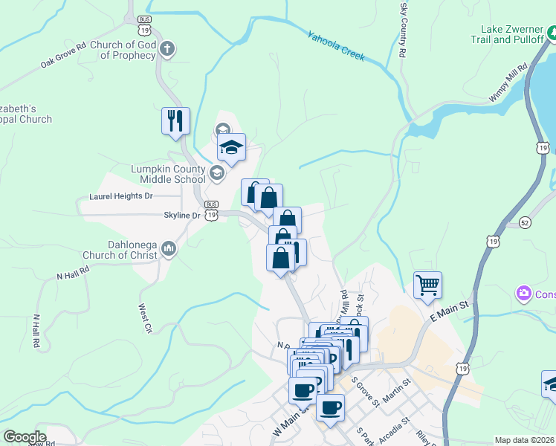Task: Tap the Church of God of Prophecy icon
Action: click(x=168, y=50)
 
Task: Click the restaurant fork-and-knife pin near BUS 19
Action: click(x=176, y=120)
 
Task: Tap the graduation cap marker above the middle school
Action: click(x=232, y=146)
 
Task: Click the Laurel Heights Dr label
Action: click(x=120, y=196)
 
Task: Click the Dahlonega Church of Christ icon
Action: click(x=168, y=248)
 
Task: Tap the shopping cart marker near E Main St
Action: click(x=428, y=285)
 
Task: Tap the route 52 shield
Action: click(x=525, y=222)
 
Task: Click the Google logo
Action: click(x=25, y=437)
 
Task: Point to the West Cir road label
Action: click(x=144, y=317)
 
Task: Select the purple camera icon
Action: click(x=524, y=294)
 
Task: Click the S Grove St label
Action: click(x=367, y=393)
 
